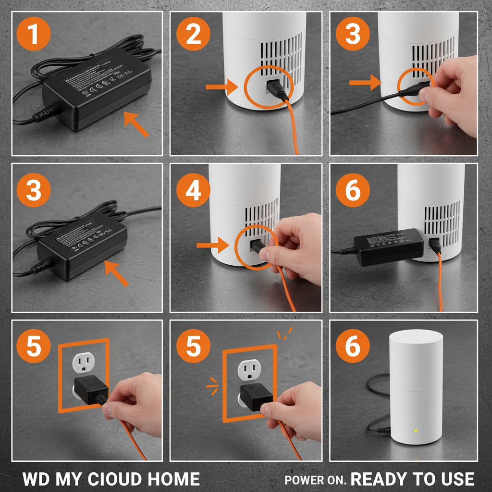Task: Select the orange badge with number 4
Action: (x=193, y=191)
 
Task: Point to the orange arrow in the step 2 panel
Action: (x=222, y=87)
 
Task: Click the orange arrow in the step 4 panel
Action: (x=213, y=246)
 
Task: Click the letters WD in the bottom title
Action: (x=36, y=479)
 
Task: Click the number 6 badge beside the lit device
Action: (x=353, y=346)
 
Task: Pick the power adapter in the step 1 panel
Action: (x=96, y=91)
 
